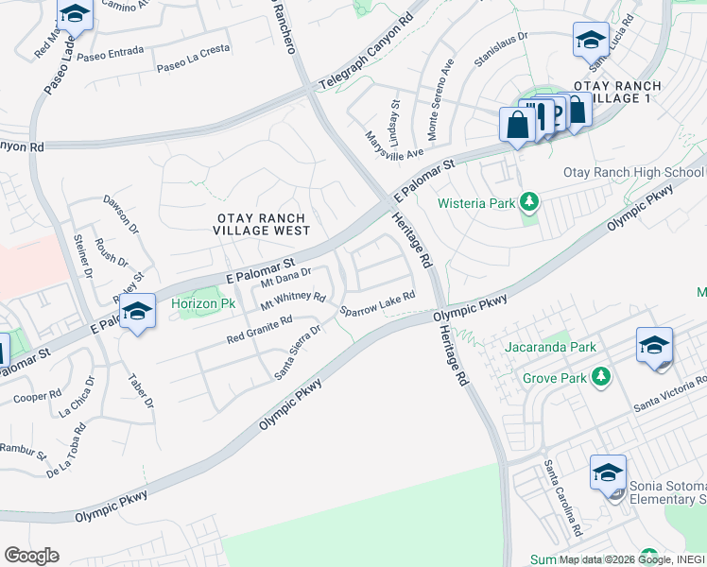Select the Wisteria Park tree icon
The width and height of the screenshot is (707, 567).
pos(530,203)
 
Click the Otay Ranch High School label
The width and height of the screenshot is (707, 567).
pos(634,172)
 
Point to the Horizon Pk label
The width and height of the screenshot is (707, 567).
pos(202,304)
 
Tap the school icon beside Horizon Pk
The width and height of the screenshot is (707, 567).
pos(138,312)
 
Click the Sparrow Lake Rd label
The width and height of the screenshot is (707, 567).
pos(378,303)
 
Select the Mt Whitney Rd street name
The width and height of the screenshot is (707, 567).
pos(293,299)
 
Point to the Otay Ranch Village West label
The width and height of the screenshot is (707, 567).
pos(261,224)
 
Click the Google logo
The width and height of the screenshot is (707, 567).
pos(31,556)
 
